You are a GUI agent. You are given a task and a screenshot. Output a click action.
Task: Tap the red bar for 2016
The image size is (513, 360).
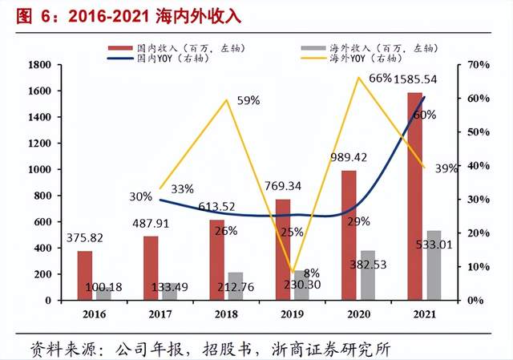(x=85, y=275)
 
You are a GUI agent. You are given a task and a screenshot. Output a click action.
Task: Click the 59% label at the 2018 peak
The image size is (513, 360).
(x=248, y=100)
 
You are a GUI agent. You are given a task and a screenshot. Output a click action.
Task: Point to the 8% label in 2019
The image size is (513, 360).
(x=312, y=273)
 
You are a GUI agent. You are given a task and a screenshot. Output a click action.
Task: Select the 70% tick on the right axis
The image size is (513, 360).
(x=468, y=64)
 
